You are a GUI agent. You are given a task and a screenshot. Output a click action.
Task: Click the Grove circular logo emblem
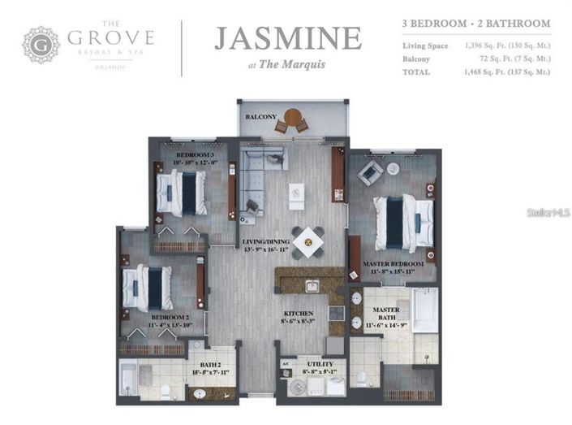tap(41, 45)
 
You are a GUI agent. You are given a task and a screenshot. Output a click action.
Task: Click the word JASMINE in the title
tap(287, 37)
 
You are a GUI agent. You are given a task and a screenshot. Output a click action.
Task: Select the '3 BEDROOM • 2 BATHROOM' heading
tap(475, 24)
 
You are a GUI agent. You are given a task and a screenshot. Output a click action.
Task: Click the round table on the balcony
tap(292, 118)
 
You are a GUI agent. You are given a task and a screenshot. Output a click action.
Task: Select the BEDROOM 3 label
tap(195, 154)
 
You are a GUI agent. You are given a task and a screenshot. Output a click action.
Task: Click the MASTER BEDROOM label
tap(394, 264)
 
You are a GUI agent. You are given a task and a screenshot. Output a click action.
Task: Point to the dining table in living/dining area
tap(308, 241)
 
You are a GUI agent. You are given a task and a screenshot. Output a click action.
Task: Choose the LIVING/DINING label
tap(264, 242)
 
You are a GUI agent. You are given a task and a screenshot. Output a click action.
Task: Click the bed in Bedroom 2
tap(150, 286)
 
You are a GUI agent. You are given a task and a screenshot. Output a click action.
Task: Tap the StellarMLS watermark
tap(548, 213)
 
